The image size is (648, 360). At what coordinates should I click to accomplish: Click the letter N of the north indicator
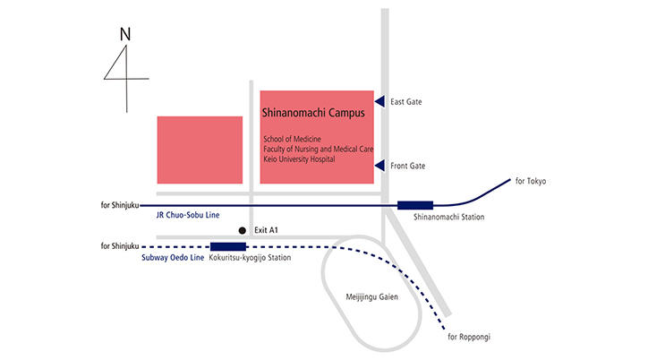(x=125, y=34)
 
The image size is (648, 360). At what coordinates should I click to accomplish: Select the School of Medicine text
(x=293, y=139)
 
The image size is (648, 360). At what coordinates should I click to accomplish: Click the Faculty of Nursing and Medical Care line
(x=318, y=149)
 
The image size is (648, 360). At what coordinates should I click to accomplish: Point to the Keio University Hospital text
(x=299, y=159)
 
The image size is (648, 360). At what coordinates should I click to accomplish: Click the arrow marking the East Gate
(x=379, y=101)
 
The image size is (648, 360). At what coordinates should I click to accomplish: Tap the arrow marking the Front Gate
(x=379, y=166)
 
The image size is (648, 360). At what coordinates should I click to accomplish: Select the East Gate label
(x=406, y=102)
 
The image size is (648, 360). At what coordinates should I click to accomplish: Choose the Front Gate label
(x=408, y=167)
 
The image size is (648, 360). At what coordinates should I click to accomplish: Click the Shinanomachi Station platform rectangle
(x=414, y=205)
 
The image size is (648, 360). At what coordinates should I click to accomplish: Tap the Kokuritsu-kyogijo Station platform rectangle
(x=227, y=246)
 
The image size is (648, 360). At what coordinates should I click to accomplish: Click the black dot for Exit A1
(x=241, y=230)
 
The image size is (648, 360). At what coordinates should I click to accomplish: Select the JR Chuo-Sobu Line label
(x=187, y=216)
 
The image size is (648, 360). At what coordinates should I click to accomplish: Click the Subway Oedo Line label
(x=173, y=258)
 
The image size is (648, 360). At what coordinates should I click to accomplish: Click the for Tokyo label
(x=531, y=182)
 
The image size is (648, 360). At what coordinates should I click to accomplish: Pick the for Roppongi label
(x=469, y=337)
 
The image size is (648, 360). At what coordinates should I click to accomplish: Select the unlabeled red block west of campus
(x=200, y=150)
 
